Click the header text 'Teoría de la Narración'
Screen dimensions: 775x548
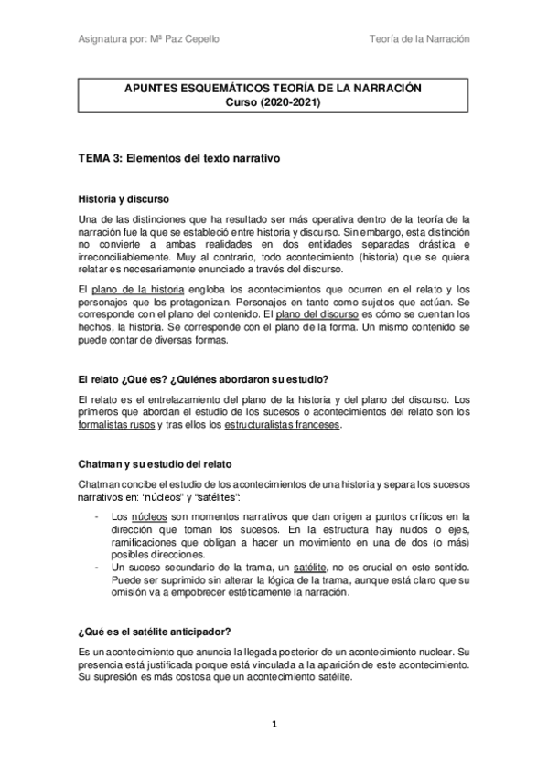420,40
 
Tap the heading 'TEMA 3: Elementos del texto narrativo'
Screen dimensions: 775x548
177,157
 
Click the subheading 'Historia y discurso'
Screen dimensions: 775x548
124,198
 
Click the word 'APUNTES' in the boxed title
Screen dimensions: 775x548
150,90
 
